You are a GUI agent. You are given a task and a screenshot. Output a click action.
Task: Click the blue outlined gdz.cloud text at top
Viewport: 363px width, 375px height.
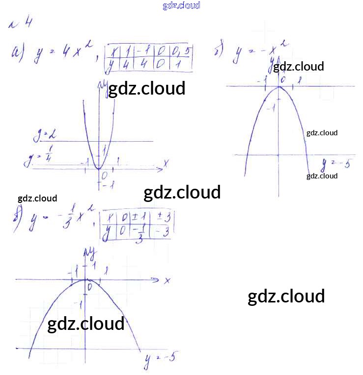tap(181, 6)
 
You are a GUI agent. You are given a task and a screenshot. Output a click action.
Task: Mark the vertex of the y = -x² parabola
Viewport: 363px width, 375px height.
tap(279, 87)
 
